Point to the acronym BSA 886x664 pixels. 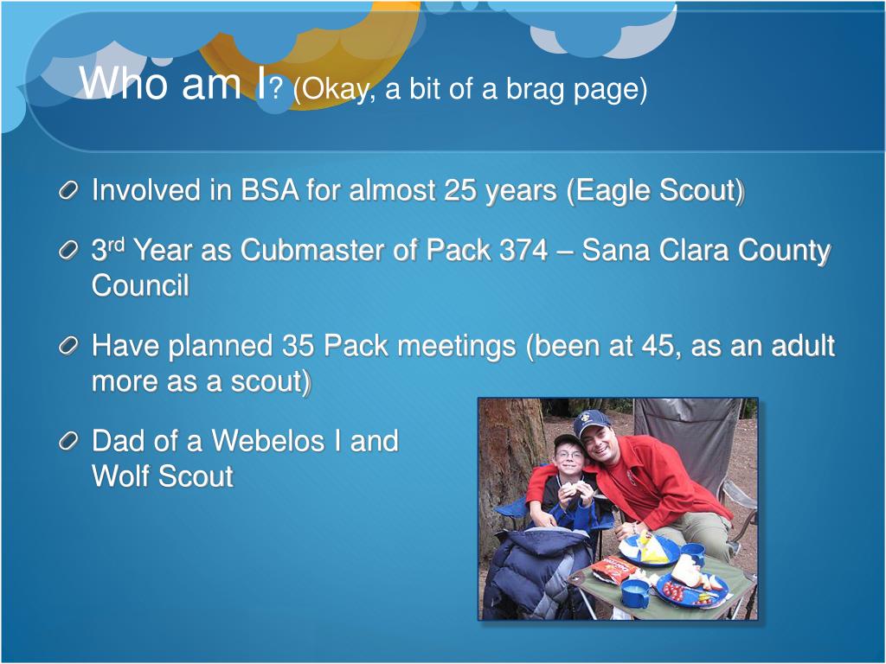[270, 189]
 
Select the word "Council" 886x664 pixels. [140, 285]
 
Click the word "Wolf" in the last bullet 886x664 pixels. [119, 476]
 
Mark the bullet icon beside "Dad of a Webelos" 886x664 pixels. [67, 442]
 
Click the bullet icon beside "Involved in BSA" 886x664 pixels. [67, 191]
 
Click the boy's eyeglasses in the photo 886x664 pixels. [568, 455]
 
